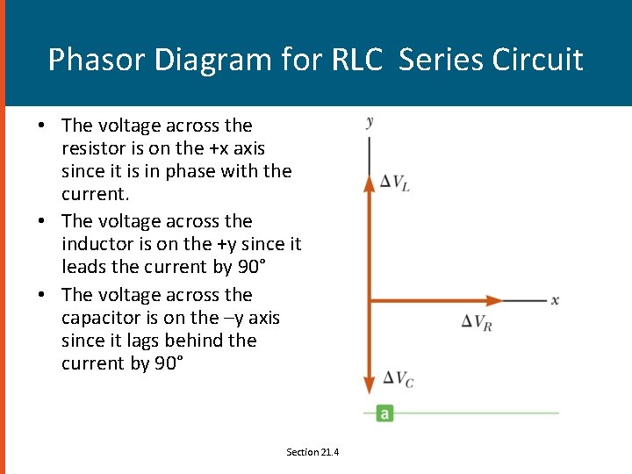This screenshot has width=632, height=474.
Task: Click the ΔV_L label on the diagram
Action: (x=394, y=183)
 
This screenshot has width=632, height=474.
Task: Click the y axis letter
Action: (x=370, y=122)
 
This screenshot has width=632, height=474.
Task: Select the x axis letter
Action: (x=555, y=300)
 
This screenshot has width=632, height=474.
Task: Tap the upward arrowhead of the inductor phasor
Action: (x=370, y=184)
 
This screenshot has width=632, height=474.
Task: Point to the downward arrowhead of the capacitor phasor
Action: (x=370, y=384)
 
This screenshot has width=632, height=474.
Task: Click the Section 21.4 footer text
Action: (x=312, y=452)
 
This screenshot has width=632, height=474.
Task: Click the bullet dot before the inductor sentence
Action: (x=42, y=221)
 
